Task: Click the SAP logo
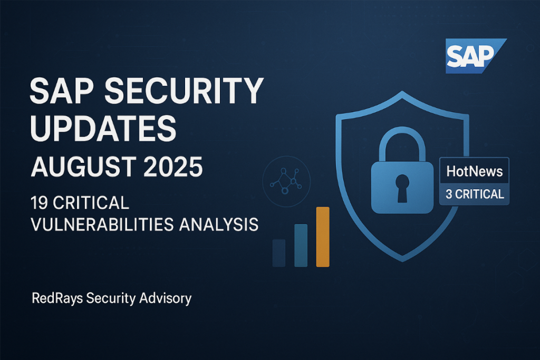click(x=475, y=56)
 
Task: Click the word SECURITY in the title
click(x=184, y=91)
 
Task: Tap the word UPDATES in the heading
click(x=103, y=129)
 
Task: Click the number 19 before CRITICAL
click(x=39, y=203)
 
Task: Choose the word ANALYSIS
click(x=219, y=225)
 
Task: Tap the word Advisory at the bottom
click(x=165, y=298)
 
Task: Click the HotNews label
click(x=475, y=171)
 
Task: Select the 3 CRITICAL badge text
click(x=475, y=194)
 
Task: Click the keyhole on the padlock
click(x=402, y=188)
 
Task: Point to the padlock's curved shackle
click(x=402, y=131)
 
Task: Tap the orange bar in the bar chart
click(x=323, y=237)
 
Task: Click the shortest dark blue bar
click(x=279, y=253)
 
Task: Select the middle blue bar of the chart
click(x=301, y=246)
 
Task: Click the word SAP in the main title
click(x=61, y=91)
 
